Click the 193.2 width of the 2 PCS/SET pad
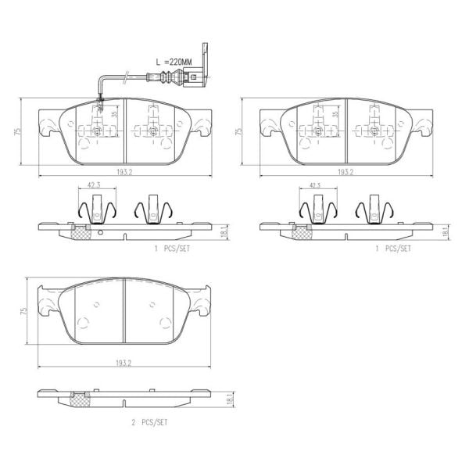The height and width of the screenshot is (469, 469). (x=124, y=363)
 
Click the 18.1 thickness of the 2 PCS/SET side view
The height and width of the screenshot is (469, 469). (x=226, y=400)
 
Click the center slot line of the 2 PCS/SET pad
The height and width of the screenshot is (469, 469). (x=125, y=310)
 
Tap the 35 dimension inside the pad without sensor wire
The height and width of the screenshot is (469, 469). (x=335, y=114)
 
